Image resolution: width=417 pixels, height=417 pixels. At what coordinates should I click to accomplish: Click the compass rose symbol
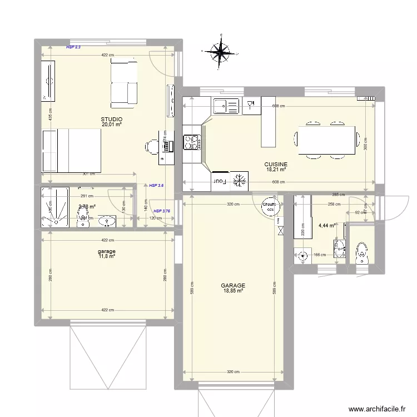(x=222, y=52)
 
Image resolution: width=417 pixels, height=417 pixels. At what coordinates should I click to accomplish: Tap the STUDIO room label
(x=111, y=120)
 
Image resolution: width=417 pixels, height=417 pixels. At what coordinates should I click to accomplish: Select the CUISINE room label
(x=276, y=164)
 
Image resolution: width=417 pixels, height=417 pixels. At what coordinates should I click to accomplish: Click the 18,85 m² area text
(x=234, y=290)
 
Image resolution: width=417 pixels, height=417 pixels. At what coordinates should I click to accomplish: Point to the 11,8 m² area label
(x=107, y=256)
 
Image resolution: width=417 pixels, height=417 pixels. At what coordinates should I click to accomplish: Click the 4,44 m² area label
(x=326, y=226)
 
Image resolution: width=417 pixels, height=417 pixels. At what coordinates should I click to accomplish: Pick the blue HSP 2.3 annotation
(x=73, y=48)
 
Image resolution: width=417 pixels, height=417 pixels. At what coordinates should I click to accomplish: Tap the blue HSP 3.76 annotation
(x=162, y=211)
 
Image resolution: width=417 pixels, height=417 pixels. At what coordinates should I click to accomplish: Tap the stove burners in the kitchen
(x=191, y=143)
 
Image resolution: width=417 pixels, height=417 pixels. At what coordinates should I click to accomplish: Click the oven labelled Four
(x=219, y=181)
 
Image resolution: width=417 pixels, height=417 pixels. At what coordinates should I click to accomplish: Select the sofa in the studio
(x=124, y=83)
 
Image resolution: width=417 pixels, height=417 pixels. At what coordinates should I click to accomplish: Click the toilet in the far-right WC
(x=361, y=252)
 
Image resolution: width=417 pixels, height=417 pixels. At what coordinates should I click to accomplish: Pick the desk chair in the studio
(x=151, y=146)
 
